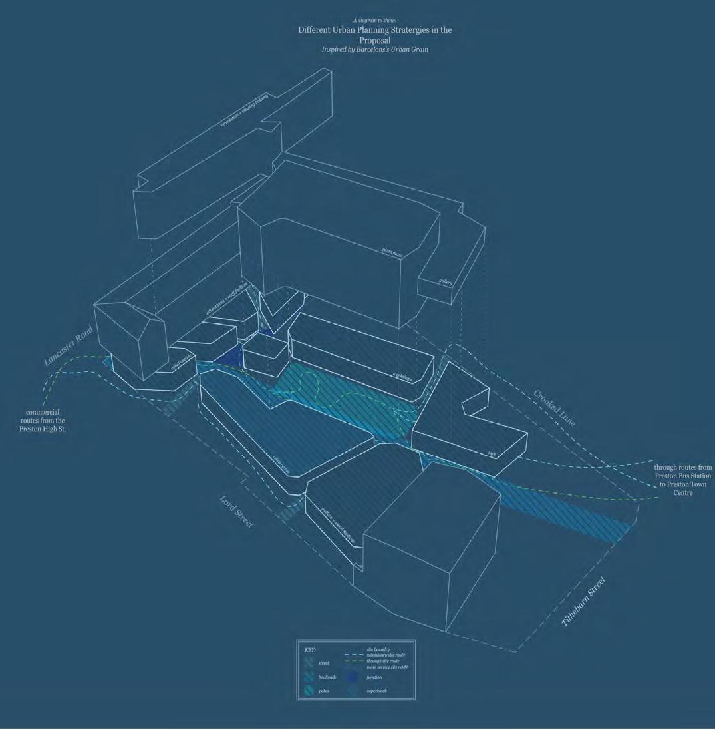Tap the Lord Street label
(x=237, y=512)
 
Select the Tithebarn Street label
(x=584, y=602)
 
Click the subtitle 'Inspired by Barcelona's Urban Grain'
(x=374, y=49)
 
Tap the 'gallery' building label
(x=446, y=282)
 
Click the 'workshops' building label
(x=402, y=376)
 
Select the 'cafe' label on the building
(x=492, y=454)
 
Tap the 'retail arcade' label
(x=181, y=361)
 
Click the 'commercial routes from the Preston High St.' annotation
(x=43, y=421)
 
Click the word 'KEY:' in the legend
(x=310, y=649)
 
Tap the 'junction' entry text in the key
(x=373, y=677)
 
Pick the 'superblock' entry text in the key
(x=376, y=691)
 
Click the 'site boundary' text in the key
(x=378, y=649)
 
